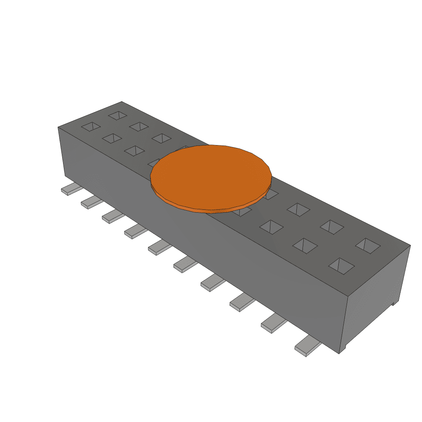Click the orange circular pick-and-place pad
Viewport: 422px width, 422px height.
click(x=211, y=175)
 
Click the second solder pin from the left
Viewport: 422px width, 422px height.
click(x=91, y=202)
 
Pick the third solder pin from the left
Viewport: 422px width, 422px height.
click(x=113, y=216)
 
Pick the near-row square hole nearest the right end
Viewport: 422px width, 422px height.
click(x=341, y=266)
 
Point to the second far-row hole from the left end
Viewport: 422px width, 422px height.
click(x=139, y=126)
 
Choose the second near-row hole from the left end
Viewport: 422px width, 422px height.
click(x=112, y=138)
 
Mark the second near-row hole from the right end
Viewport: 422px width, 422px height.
click(x=305, y=245)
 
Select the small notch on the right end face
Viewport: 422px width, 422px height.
click(x=394, y=302)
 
